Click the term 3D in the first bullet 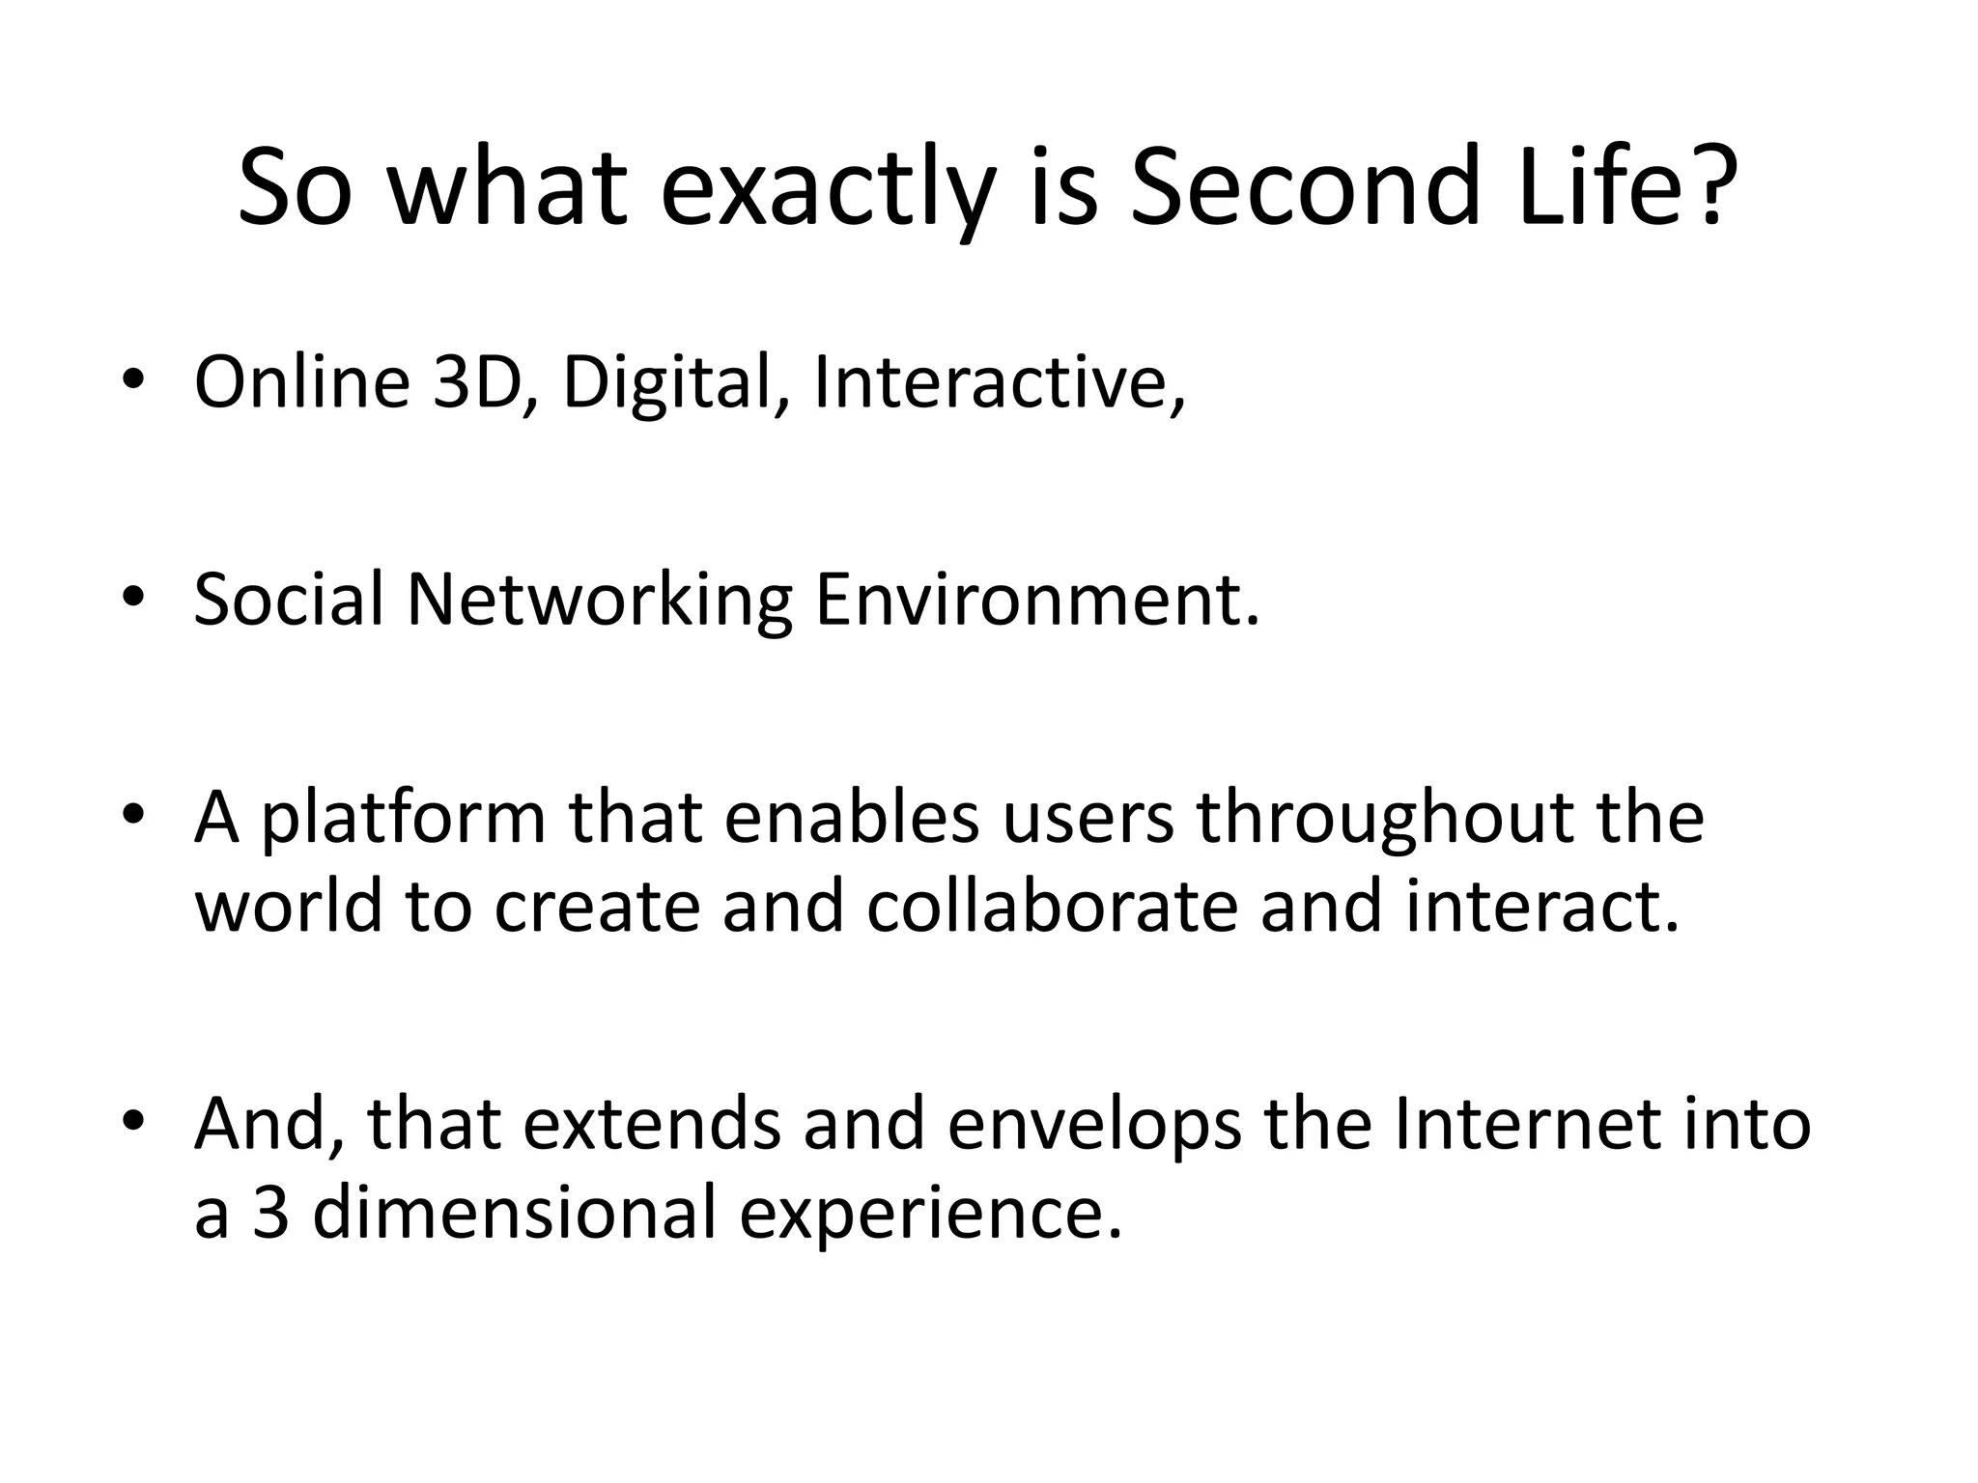pyautogui.click(x=476, y=382)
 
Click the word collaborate pyautogui.click(x=1052, y=907)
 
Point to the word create pyautogui.click(x=596, y=909)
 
